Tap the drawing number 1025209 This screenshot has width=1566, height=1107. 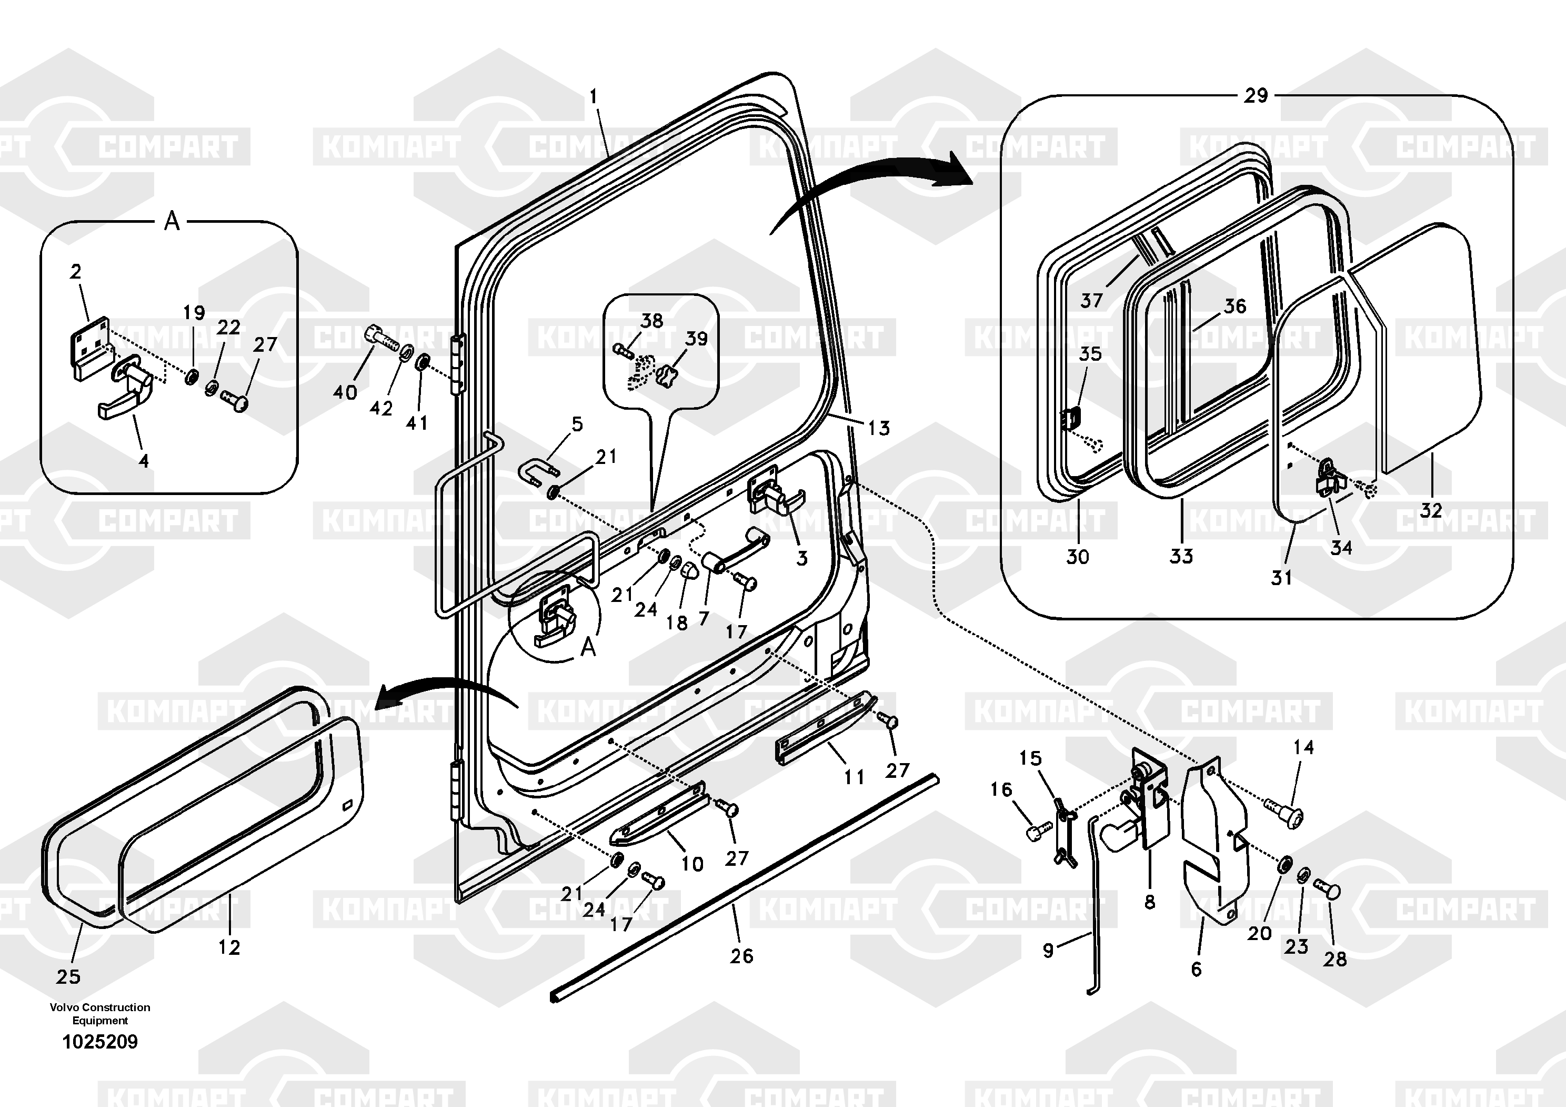coord(101,1042)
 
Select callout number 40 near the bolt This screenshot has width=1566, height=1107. coord(345,392)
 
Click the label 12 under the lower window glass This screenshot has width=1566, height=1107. coord(229,947)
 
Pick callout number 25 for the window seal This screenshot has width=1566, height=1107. coord(68,976)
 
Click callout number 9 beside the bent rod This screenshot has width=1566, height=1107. coord(1048,950)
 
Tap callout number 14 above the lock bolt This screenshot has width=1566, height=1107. coord(1303,747)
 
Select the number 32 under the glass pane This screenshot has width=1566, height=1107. coord(1432,510)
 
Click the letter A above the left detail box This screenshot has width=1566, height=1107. coord(172,221)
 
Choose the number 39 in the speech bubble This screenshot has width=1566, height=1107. coord(696,339)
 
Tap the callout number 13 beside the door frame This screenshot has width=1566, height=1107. coord(878,428)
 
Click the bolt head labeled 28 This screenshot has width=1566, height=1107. coord(1327,890)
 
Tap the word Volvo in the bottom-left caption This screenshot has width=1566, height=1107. coord(64,1007)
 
